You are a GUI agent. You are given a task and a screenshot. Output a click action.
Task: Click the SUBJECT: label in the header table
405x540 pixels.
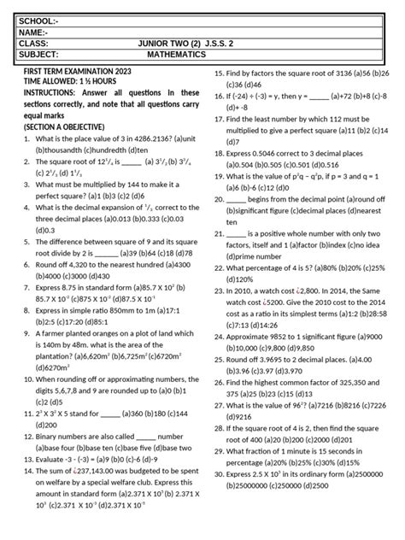41,54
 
